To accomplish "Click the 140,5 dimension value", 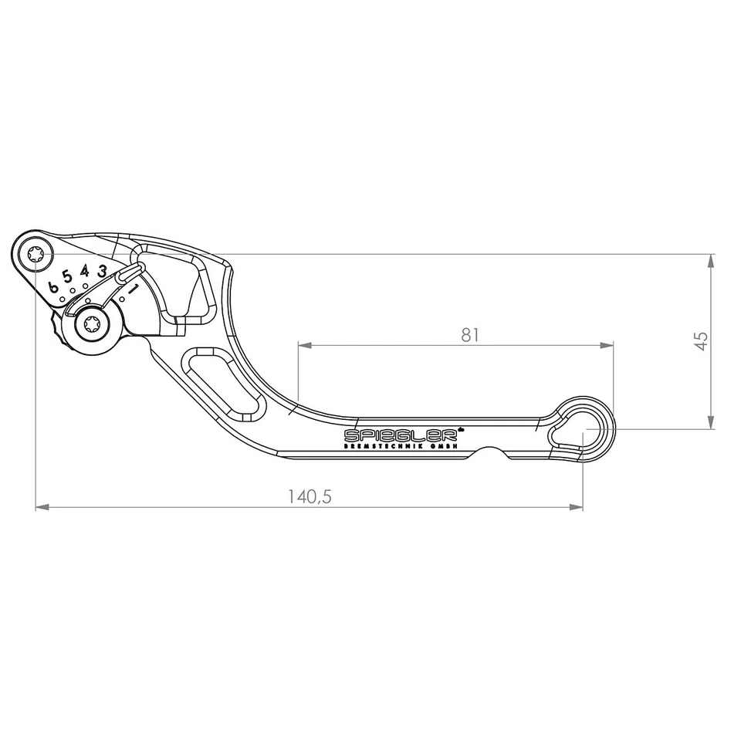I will (310, 497).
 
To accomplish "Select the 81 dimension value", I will (470, 334).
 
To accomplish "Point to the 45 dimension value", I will (701, 340).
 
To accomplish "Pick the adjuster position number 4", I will (85, 271).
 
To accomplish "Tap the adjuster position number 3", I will (101, 271).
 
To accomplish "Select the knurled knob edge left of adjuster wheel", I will (56, 329).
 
